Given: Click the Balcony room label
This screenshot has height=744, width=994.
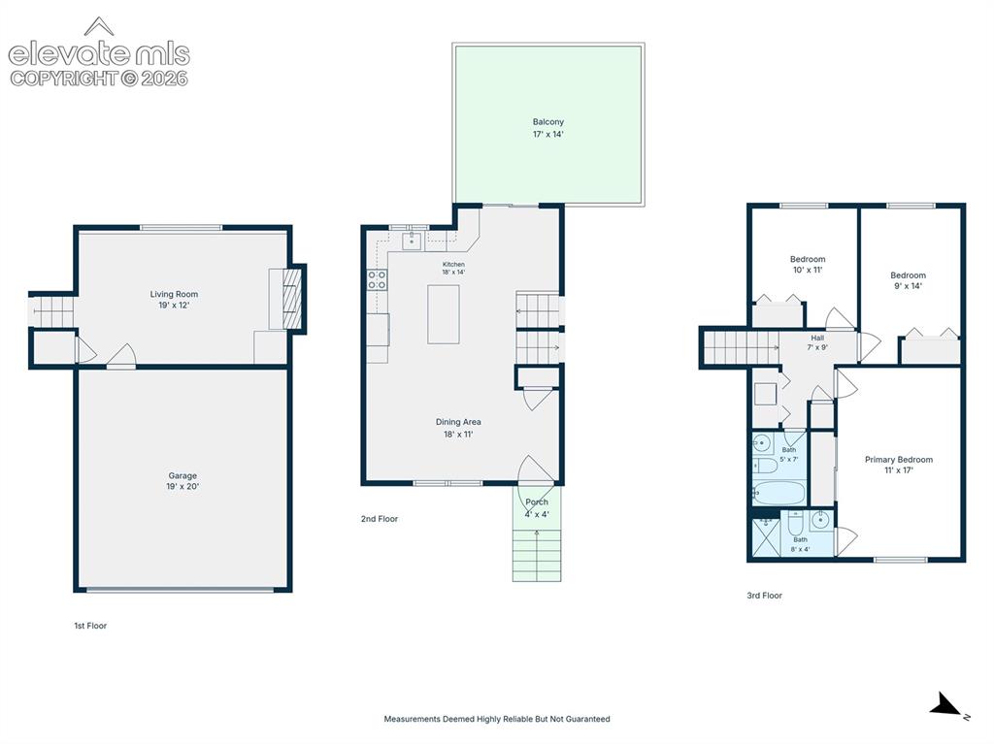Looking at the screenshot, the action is tap(547, 121).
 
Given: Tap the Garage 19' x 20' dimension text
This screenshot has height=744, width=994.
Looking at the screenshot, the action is tap(182, 487).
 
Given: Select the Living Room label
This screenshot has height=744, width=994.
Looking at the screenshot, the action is tap(174, 294).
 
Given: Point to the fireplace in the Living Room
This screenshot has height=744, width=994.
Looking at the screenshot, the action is tap(291, 299).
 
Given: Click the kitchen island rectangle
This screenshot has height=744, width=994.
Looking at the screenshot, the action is tap(443, 314).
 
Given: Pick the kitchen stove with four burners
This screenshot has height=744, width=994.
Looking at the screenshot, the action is tap(378, 279).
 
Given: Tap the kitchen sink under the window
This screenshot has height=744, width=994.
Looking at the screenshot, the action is tap(412, 242).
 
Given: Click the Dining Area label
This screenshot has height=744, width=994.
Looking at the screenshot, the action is tap(458, 422).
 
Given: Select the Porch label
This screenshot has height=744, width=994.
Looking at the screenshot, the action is tap(536, 501).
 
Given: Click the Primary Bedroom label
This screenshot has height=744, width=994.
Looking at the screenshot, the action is tap(898, 460).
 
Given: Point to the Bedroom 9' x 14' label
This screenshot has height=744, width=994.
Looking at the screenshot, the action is tap(908, 280).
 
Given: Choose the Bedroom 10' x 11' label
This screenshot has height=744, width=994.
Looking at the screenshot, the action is tap(808, 264).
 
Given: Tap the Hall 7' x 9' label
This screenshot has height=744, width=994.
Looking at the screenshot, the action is tap(817, 342).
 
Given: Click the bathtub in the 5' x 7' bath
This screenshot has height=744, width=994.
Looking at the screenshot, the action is tap(779, 493).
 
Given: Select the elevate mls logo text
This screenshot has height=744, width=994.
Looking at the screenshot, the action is tap(99, 54).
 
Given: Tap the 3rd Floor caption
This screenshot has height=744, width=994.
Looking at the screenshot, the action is tap(764, 596).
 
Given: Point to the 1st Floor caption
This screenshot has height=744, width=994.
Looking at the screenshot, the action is tap(90, 626).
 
